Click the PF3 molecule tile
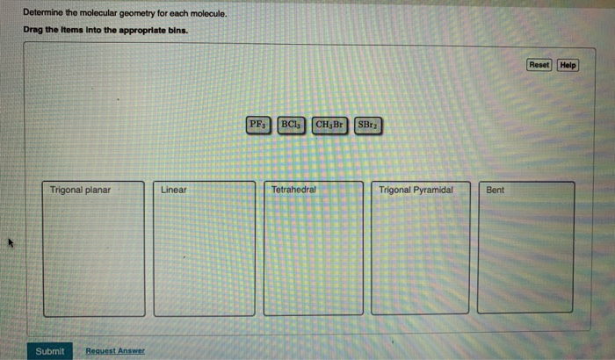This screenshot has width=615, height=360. pyautogui.click(x=258, y=125)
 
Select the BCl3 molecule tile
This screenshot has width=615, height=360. pyautogui.click(x=291, y=125)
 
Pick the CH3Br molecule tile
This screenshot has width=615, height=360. pyautogui.click(x=329, y=125)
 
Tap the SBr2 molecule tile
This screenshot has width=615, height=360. pyautogui.click(x=367, y=125)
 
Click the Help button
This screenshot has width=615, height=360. pyautogui.click(x=568, y=65)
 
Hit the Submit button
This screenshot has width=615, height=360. pyautogui.click(x=50, y=351)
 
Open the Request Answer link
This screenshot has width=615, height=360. pyautogui.click(x=115, y=350)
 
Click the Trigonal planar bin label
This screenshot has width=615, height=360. pyautogui.click(x=80, y=190)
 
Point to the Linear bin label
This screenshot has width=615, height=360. pyautogui.click(x=173, y=190)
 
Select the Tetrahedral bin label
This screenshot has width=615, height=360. pyautogui.click(x=293, y=190)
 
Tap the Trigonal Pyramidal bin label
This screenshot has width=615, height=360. pyautogui.click(x=416, y=190)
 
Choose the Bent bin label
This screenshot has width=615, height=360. pyautogui.click(x=495, y=190)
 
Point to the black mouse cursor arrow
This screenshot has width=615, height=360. pyautogui.click(x=11, y=242)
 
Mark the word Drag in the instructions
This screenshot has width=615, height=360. pyautogui.click(x=33, y=30)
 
